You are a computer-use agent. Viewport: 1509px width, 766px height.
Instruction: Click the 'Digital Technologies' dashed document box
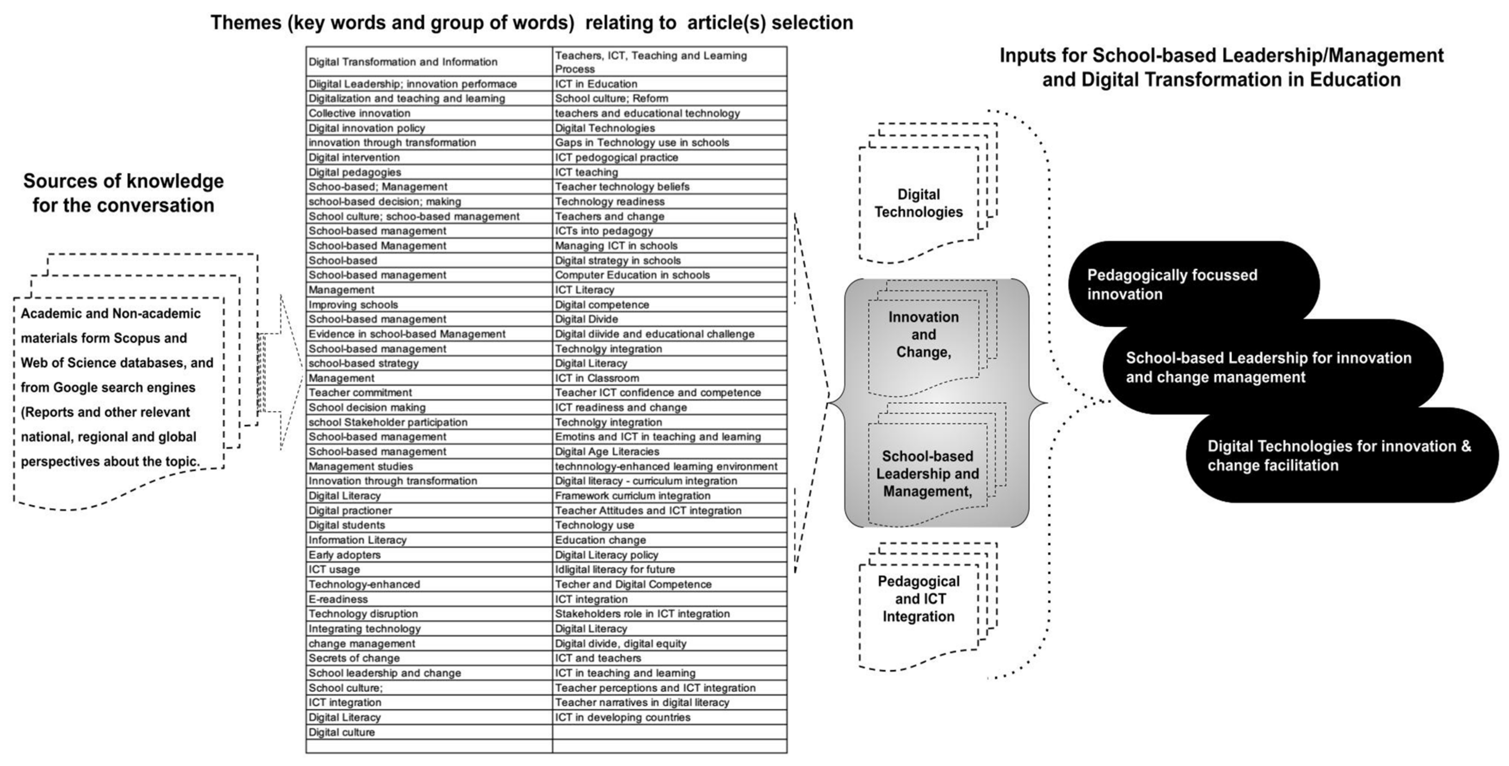click(x=919, y=203)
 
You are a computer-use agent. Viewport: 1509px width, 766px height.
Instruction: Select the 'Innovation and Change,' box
click(x=923, y=335)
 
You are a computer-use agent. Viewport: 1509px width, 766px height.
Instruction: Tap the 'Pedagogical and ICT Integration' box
click(x=919, y=599)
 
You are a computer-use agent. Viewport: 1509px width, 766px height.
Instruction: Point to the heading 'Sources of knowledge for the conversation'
click(x=123, y=193)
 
